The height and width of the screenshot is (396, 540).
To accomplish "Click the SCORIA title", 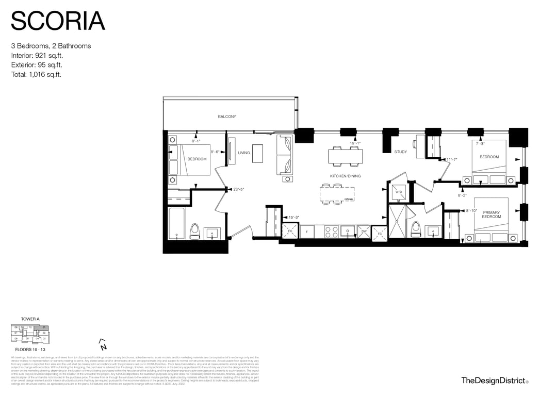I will pos(58,21).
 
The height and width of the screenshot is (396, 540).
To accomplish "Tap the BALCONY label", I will pos(227,117).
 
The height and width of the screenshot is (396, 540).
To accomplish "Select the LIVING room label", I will pos(244,153).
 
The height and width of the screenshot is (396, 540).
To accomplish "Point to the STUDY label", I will pos(401,152).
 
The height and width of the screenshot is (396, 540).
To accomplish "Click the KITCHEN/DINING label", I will pos(345,176).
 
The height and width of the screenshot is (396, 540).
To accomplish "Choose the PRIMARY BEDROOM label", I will pos(492,214).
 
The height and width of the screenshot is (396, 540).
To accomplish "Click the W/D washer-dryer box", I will pos(399,192).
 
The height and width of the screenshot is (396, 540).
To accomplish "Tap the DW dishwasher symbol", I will pos(364,232).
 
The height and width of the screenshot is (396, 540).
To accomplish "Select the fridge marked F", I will pos(306,232).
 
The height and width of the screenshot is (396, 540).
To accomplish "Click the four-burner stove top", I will pos(331,232).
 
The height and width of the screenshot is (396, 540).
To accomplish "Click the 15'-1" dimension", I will pos(355,143).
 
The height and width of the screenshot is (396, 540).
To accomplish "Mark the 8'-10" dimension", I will pos(471,211).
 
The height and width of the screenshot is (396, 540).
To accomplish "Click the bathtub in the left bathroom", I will pos(178,223).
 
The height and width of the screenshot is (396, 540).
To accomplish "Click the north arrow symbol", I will pos(102,343).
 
